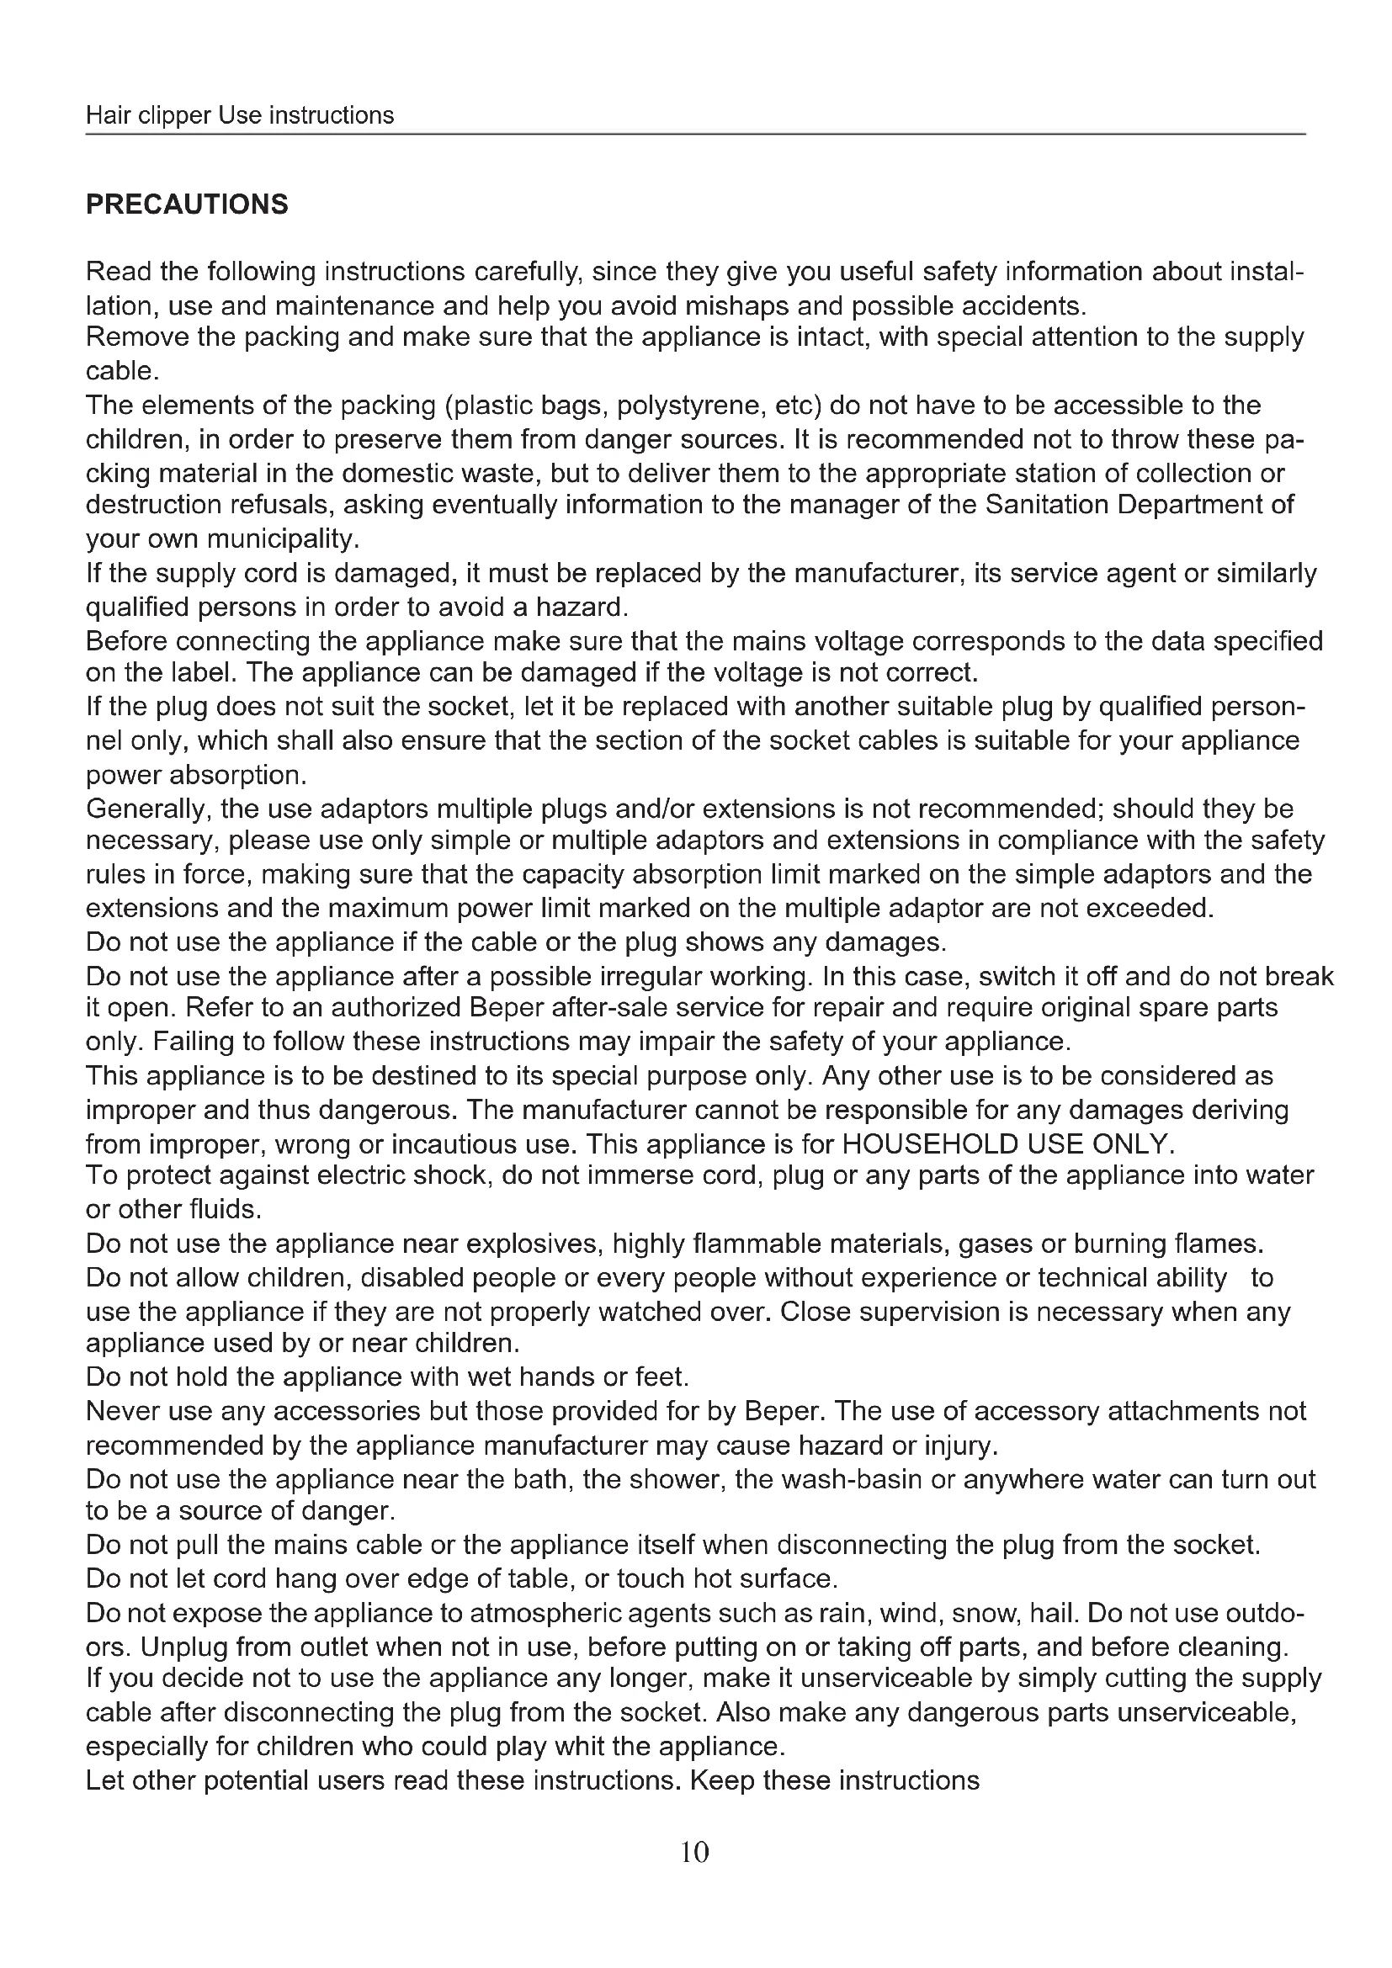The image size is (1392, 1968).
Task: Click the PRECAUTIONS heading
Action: [x=187, y=204]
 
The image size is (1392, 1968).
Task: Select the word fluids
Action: [x=224, y=1209]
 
